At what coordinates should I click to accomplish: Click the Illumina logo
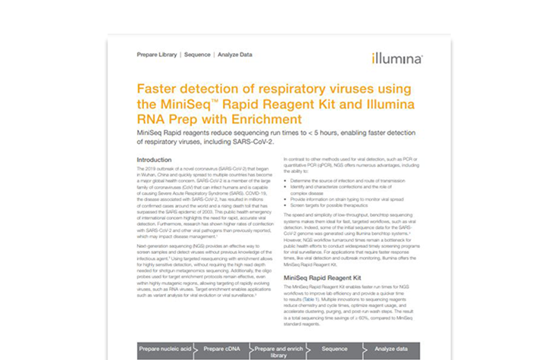click(397, 58)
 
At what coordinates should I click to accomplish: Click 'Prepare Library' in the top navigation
click(156, 55)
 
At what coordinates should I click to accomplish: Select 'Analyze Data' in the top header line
click(235, 55)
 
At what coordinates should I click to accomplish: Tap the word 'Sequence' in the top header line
click(197, 55)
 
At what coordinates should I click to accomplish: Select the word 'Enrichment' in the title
click(264, 119)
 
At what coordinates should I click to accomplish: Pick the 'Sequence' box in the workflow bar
click(334, 351)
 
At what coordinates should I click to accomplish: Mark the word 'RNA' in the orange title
click(152, 119)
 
